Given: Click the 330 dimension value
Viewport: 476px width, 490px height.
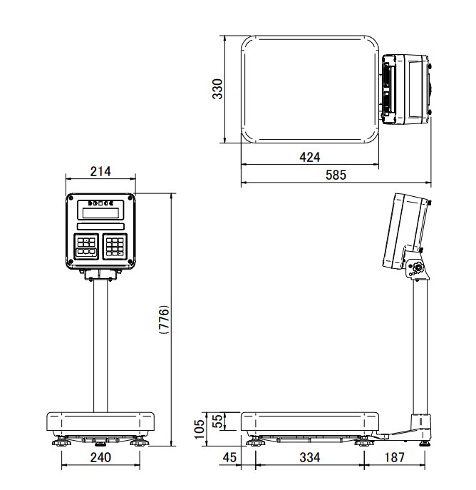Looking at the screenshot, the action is [x=217, y=89].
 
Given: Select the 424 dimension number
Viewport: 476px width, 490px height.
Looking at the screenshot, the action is [x=310, y=157].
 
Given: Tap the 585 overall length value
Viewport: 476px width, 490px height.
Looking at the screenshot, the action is [x=336, y=175].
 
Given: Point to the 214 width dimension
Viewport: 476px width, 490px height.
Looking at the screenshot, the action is [x=100, y=171].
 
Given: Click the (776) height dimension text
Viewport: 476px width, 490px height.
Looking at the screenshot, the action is [x=164, y=320].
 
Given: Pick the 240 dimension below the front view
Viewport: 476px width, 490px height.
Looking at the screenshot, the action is [x=100, y=457].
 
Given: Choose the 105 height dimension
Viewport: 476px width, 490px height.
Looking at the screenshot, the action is [x=199, y=429].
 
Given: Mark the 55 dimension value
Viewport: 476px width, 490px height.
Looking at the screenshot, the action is [x=218, y=421].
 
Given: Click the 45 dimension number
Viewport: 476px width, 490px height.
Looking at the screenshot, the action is [x=229, y=457].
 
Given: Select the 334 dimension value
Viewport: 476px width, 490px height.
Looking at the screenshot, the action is [x=310, y=457].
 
